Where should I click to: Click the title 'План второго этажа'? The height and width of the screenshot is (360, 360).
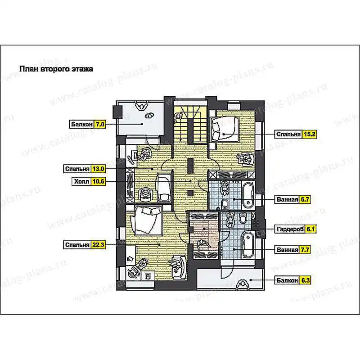[x=56, y=69]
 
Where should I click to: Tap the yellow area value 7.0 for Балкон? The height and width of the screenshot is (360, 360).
[x=100, y=124]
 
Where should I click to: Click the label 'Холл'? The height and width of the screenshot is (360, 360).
[x=81, y=182]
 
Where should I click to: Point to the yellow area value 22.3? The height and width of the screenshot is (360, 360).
[x=98, y=245]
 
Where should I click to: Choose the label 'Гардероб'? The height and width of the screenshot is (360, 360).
[x=290, y=229]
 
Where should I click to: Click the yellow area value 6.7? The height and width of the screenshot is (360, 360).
[x=305, y=199]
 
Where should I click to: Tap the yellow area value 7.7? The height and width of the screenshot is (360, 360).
[x=305, y=250]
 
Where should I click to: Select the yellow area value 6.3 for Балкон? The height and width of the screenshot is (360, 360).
[x=306, y=280]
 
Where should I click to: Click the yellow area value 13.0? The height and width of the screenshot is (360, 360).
[x=98, y=169]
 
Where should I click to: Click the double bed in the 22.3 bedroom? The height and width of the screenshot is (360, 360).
[x=147, y=220]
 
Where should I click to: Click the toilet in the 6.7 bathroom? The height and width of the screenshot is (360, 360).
[x=225, y=204]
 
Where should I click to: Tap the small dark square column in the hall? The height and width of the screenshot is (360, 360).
[x=190, y=193]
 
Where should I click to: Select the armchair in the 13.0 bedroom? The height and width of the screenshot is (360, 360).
[x=145, y=195]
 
